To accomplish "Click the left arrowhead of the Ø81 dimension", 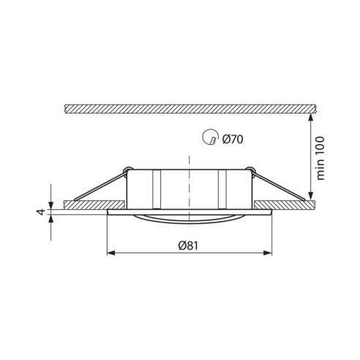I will pos(111,253).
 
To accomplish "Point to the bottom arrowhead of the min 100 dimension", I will pos(312,195).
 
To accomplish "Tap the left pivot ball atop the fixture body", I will pos(129,170).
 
